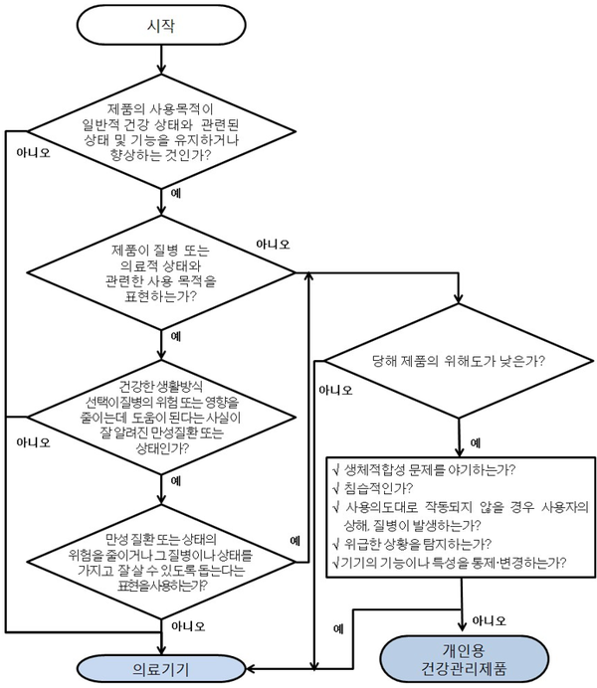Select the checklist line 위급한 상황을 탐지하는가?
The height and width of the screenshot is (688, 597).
412,543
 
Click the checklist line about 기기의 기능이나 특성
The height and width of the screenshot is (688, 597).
449,562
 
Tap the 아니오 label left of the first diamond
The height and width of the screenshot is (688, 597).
34,153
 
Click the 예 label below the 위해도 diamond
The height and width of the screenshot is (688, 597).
476,441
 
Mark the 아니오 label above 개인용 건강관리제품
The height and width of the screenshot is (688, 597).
489,619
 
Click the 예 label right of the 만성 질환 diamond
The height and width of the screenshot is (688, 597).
296,540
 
